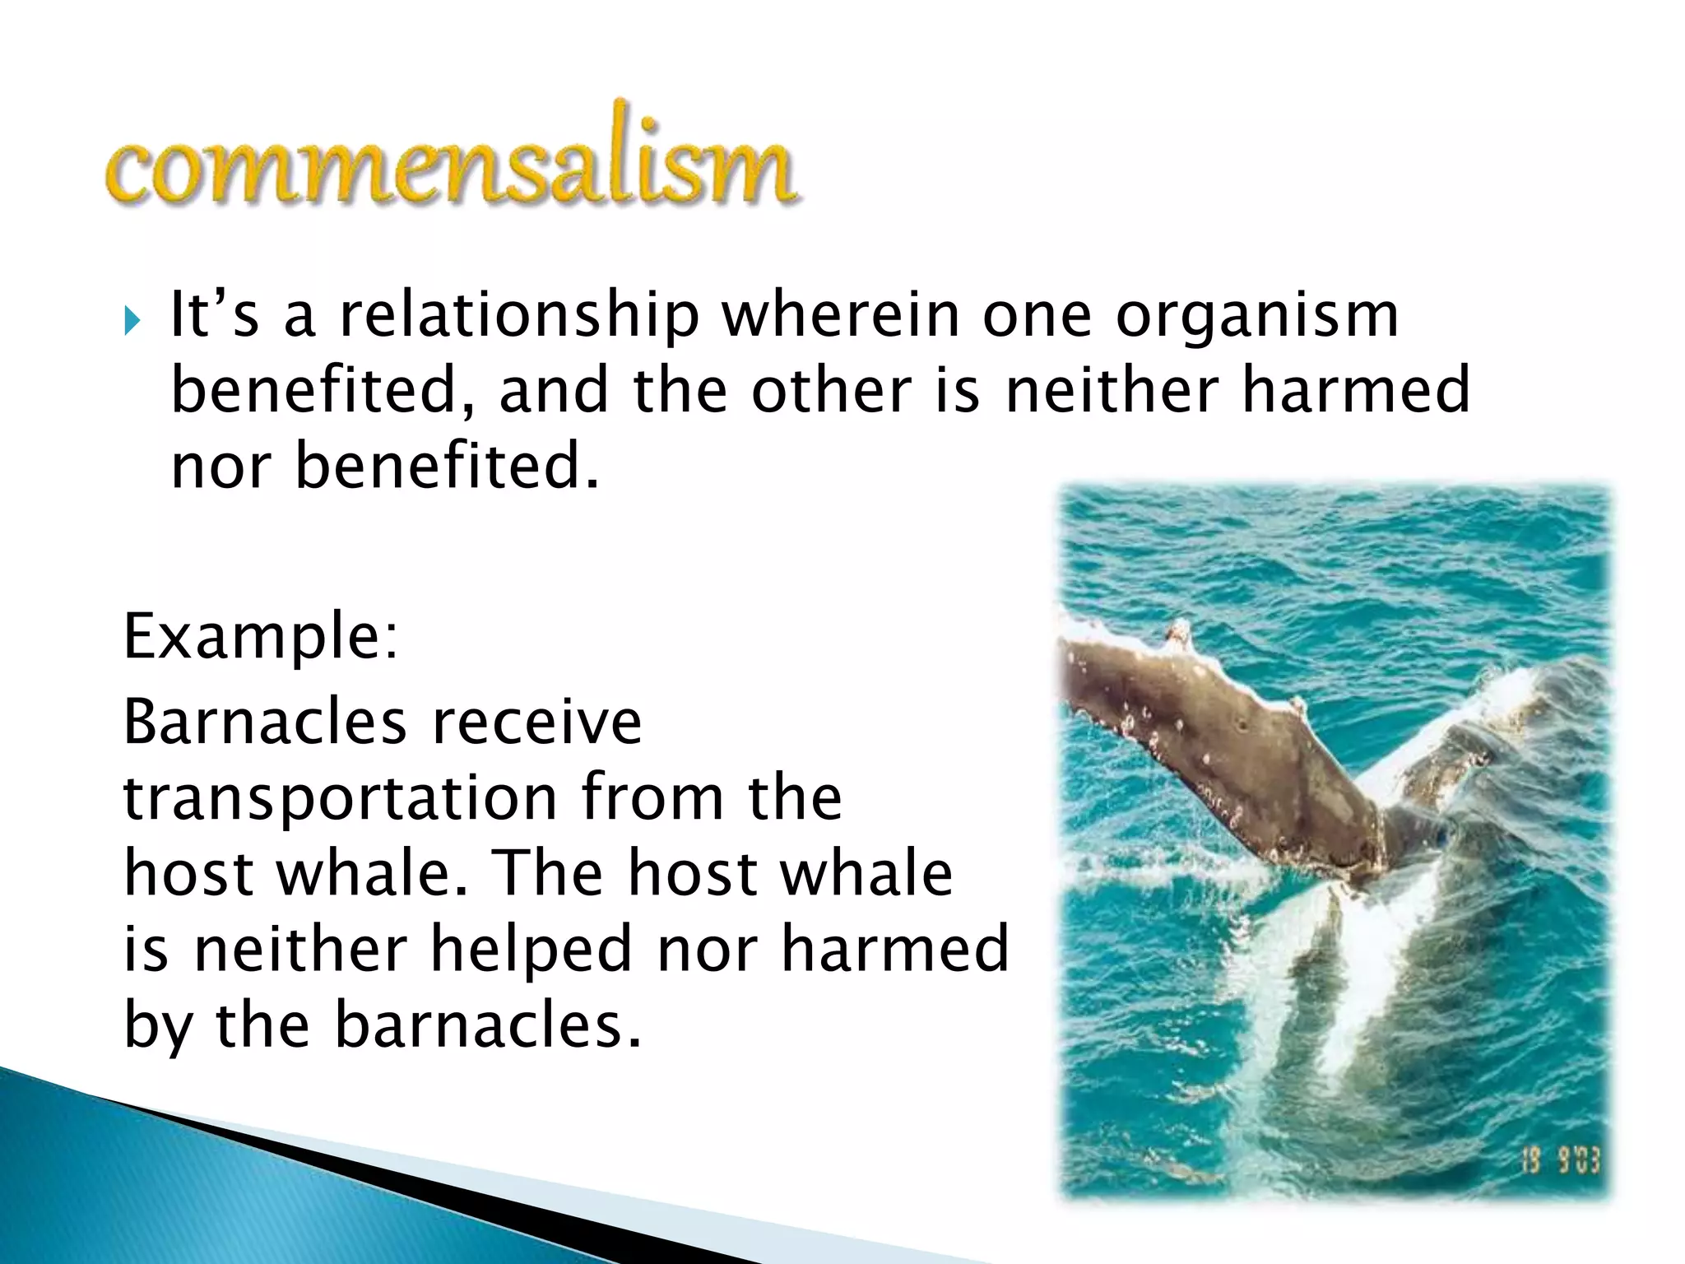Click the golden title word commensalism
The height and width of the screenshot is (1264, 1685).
(451, 165)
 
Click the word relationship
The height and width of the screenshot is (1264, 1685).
(518, 316)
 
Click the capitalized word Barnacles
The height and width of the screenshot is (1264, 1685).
(265, 722)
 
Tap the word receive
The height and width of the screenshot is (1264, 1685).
(536, 722)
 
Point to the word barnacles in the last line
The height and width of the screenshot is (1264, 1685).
(487, 1025)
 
